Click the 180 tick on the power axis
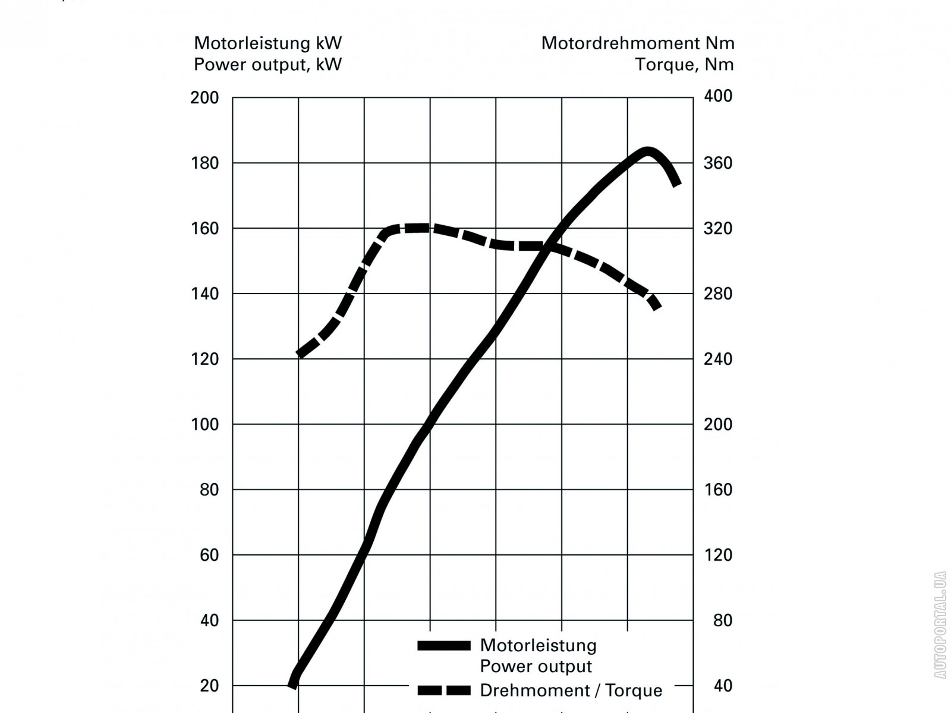tap(204, 163)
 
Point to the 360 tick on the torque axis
tap(718, 163)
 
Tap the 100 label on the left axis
tap(204, 424)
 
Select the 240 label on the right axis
tap(718, 359)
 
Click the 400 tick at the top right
tap(718, 96)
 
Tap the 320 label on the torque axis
tap(718, 228)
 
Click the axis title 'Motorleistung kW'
tap(268, 43)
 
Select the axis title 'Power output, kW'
tap(268, 64)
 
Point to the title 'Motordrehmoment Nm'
tap(638, 43)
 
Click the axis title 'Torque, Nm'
tap(684, 64)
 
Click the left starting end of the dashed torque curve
tap(299, 354)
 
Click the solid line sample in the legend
tap(443, 646)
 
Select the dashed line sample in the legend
tap(443, 690)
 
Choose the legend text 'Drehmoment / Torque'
tap(571, 690)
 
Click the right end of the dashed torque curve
tap(656, 305)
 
